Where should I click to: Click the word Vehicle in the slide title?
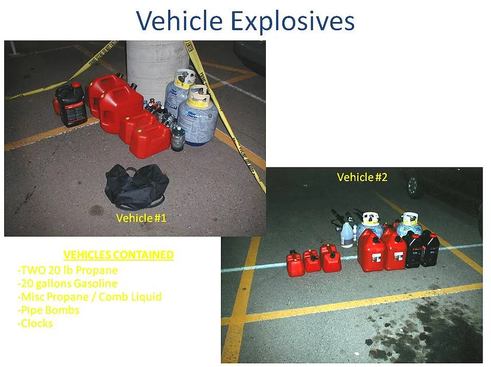pos(179,21)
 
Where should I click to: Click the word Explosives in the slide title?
pos(292,21)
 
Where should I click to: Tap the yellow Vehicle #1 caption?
pos(141,218)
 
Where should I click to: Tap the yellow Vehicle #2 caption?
pos(362,177)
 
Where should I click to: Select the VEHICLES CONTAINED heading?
pos(118,255)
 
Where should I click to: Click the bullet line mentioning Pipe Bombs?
pos(49,310)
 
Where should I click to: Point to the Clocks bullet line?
pos(35,323)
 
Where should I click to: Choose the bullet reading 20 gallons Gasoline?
pos(67,284)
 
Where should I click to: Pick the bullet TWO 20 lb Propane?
pos(68,270)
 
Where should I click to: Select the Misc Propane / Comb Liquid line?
pos(89,297)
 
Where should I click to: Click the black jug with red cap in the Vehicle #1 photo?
pos(70,105)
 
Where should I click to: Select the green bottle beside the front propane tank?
pos(178,138)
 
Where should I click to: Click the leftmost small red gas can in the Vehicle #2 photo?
pos(295,264)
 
